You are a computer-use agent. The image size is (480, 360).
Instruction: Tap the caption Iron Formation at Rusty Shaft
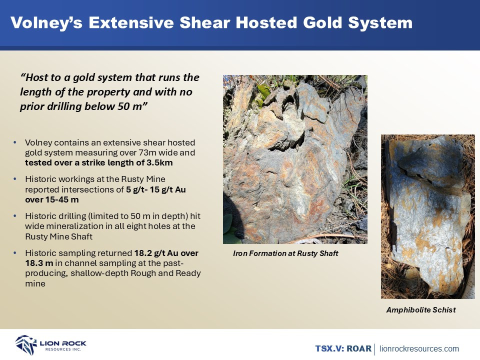point(285,253)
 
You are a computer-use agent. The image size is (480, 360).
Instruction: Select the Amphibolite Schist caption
point(421,310)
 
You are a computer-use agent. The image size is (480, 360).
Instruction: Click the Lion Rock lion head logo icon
point(26,344)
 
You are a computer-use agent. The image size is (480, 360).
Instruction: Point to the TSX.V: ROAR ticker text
point(343,348)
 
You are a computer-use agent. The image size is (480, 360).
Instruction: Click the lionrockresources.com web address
point(419,348)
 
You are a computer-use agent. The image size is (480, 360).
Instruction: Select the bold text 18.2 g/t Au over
point(166,253)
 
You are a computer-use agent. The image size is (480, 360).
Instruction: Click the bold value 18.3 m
point(39,263)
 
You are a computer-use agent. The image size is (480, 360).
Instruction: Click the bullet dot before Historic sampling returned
point(15,253)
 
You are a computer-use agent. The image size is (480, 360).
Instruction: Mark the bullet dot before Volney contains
point(15,142)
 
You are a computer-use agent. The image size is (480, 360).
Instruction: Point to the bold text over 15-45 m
point(51,199)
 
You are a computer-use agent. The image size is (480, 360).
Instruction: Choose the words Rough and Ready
point(165,273)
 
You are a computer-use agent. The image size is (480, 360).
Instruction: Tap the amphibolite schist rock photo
point(427,216)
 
